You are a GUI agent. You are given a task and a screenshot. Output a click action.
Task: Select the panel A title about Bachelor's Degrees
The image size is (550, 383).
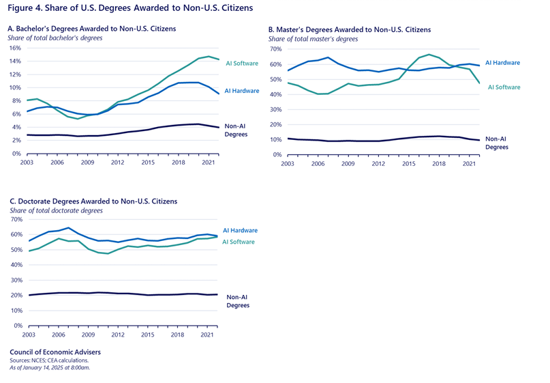[x=91, y=29]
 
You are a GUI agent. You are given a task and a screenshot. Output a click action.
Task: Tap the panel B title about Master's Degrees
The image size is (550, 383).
[x=350, y=30]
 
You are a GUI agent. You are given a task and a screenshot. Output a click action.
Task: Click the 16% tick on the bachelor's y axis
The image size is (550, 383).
[x=16, y=48]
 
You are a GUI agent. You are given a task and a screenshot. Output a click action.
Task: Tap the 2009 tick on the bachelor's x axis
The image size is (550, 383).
[x=88, y=164]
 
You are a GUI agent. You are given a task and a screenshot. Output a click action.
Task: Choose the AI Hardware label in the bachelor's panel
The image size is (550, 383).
[x=241, y=91]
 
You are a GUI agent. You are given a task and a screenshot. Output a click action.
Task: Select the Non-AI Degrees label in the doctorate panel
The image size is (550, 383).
[x=238, y=300]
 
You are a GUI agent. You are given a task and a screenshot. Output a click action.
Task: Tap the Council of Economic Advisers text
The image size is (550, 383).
[x=55, y=352]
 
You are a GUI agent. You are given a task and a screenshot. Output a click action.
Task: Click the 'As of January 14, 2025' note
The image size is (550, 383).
[x=49, y=367]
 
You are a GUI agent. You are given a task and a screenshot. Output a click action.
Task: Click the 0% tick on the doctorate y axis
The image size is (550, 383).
[x=17, y=326]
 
